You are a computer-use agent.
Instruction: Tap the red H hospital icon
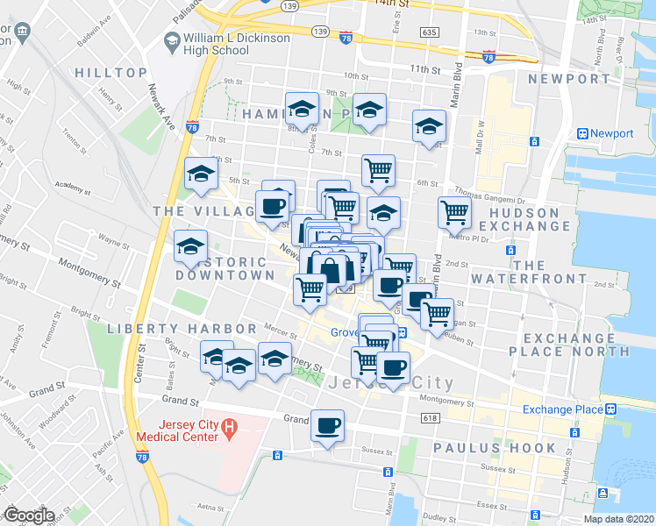(x=229, y=428)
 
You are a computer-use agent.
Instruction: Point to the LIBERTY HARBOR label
(x=182, y=328)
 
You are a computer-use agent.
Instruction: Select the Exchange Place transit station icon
(x=609, y=409)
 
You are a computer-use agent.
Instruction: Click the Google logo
(x=29, y=515)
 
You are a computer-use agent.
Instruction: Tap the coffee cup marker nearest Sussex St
(x=328, y=426)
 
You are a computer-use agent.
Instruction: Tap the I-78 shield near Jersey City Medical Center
(x=142, y=456)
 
